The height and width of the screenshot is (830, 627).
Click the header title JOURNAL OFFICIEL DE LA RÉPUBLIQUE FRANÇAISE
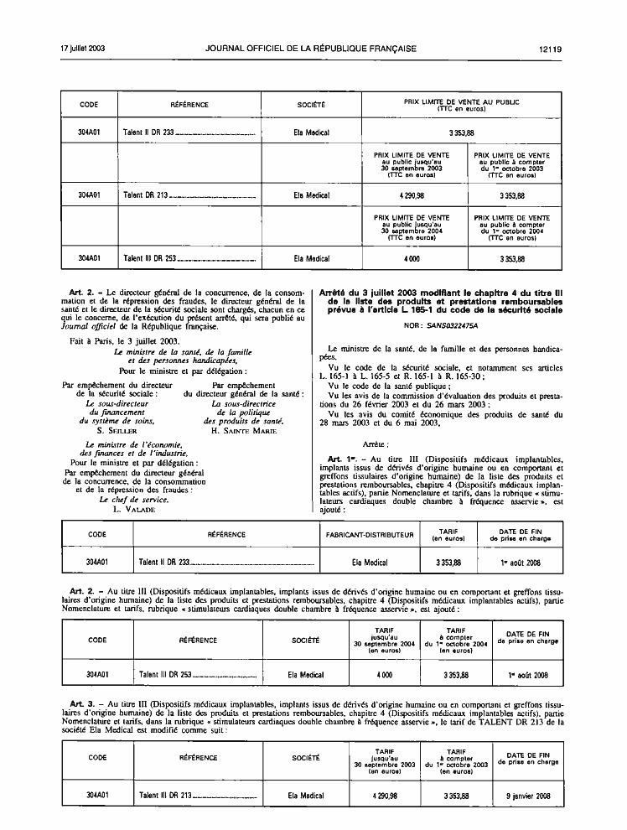(311, 49)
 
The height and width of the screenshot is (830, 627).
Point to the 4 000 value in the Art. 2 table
(385, 675)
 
